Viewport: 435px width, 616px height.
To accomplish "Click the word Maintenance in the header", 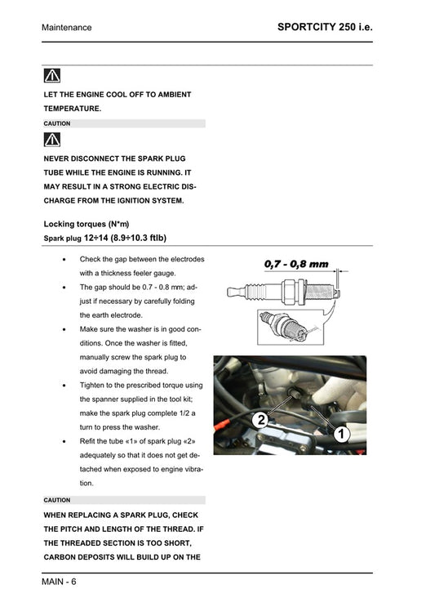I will click(x=67, y=28).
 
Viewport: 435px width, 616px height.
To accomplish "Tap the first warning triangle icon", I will click(x=52, y=77).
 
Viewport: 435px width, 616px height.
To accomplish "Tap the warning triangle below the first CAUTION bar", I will click(x=52, y=140).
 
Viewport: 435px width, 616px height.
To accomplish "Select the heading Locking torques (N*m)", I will click(x=86, y=224).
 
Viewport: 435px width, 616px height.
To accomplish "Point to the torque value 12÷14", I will click(x=96, y=238).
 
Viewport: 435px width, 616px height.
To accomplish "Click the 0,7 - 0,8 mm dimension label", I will click(x=295, y=264).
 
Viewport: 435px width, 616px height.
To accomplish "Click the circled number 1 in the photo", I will click(x=341, y=435).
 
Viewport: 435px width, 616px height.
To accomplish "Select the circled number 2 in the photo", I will click(x=260, y=421).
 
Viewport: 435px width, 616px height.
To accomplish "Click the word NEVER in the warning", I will click(x=57, y=158).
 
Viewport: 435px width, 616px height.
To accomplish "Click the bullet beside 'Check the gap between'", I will click(x=65, y=260).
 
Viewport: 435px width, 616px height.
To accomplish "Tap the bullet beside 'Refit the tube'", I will click(x=65, y=441).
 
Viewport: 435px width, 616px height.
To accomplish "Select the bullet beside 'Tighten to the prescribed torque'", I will click(x=65, y=385).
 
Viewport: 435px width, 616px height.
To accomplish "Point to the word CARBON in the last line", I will click(x=64, y=556).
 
